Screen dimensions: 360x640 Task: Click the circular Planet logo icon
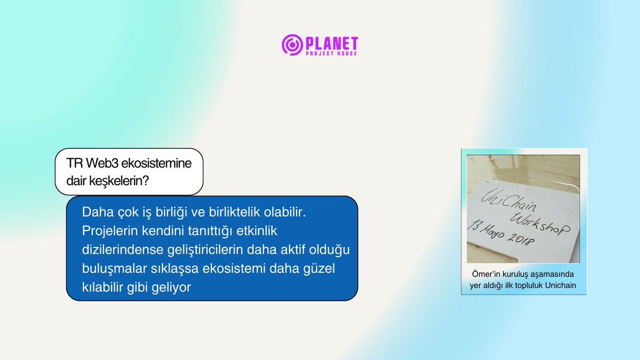292,45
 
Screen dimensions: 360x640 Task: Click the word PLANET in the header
331,43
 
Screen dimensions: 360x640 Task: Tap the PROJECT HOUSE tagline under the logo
331,54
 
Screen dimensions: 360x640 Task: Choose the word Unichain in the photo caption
560,285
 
